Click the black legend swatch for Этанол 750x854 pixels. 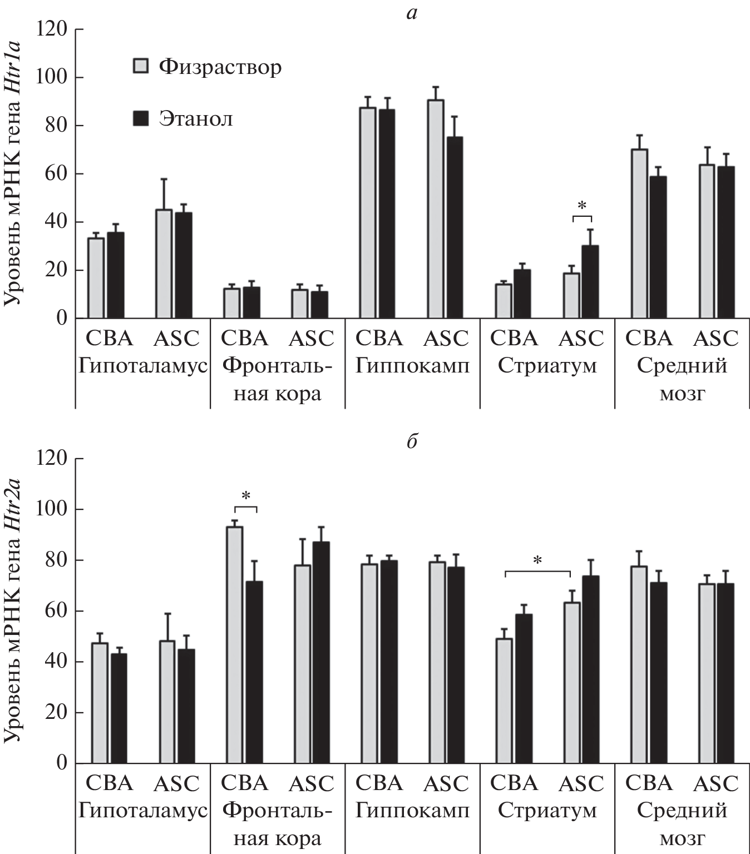(x=141, y=118)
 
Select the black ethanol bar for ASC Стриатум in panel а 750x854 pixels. (x=590, y=282)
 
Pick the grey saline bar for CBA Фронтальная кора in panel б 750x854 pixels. (x=234, y=645)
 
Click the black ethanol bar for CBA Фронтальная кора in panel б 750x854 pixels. (x=254, y=672)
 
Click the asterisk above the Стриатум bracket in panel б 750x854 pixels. (x=537, y=561)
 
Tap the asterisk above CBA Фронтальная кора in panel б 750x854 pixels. (x=245, y=496)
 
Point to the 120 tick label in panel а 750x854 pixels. (x=51, y=29)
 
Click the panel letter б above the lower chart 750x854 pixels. (x=412, y=443)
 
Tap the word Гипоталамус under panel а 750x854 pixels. (x=142, y=366)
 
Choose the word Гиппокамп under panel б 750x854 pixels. (x=412, y=811)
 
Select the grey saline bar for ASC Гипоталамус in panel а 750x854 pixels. (x=164, y=264)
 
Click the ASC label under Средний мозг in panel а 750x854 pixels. (x=716, y=339)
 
